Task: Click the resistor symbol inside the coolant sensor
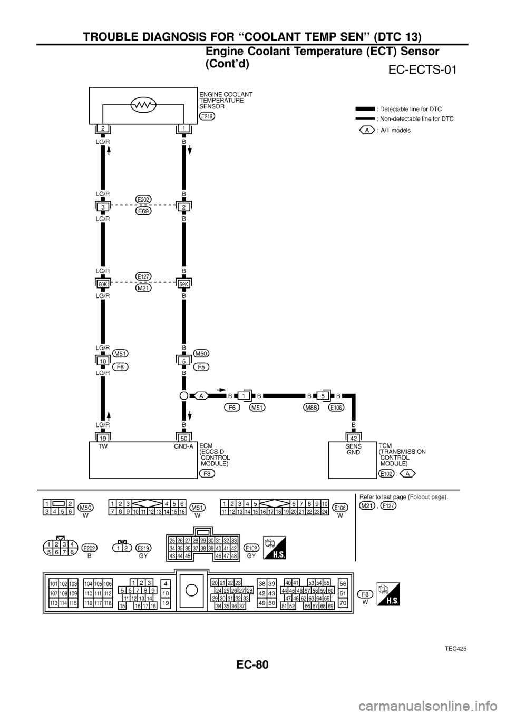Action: (143, 104)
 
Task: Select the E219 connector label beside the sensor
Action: (207, 116)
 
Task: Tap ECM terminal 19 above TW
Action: (103, 438)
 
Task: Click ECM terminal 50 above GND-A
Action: (184, 438)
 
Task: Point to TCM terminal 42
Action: (353, 438)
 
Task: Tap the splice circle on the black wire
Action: (183, 396)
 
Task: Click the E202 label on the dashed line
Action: (143, 199)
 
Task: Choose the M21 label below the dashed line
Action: (143, 288)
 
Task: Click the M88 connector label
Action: (311, 408)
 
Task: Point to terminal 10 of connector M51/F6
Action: (103, 361)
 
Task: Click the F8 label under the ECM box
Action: (207, 474)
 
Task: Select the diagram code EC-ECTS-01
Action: (422, 69)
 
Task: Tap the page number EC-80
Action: (252, 664)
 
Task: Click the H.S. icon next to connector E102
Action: (275, 548)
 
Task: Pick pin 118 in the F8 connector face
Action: (108, 603)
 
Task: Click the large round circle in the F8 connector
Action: (191, 591)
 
